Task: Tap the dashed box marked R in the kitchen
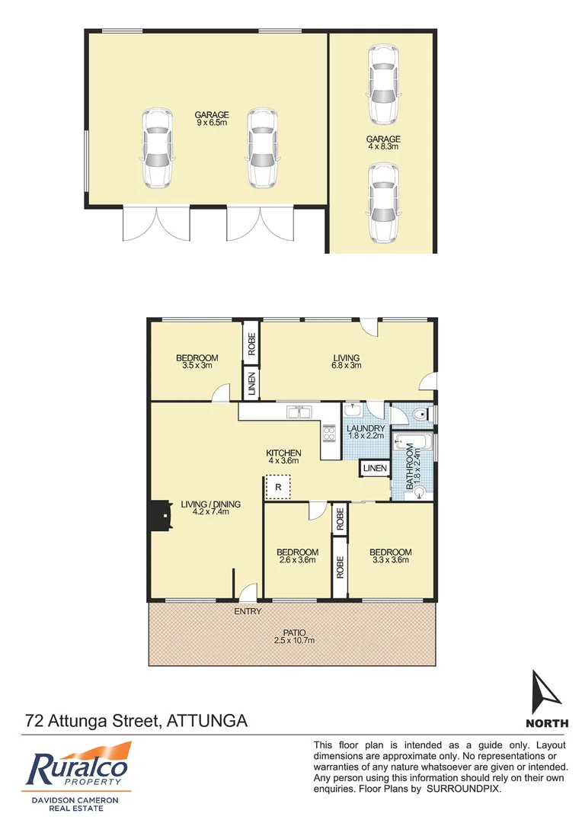click(x=278, y=486)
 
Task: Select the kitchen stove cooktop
click(x=331, y=433)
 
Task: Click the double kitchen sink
click(x=297, y=412)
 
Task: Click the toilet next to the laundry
click(x=417, y=413)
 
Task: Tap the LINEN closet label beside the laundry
click(x=374, y=468)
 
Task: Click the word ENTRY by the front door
click(x=248, y=611)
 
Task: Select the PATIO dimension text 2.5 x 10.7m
click(x=293, y=641)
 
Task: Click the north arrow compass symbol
click(x=546, y=690)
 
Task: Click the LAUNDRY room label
click(x=366, y=428)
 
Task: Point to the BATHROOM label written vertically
click(x=409, y=465)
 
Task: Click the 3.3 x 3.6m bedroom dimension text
click(x=390, y=561)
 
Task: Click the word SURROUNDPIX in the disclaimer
click(x=464, y=789)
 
